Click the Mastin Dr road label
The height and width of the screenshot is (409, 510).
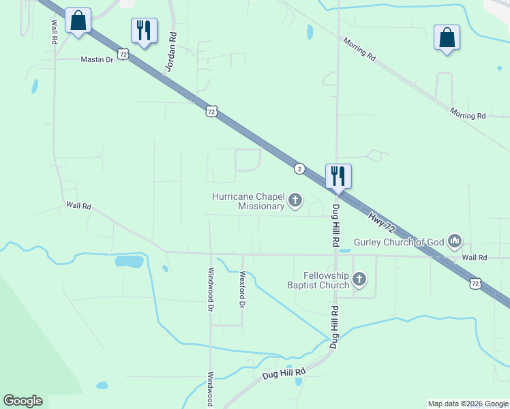click(x=97, y=60)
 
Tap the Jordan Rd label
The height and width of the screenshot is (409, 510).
click(x=171, y=52)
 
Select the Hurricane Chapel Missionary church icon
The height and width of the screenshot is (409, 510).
click(x=295, y=200)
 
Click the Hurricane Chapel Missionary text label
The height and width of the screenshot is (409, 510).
click(x=247, y=201)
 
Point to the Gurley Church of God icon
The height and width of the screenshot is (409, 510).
click(x=455, y=241)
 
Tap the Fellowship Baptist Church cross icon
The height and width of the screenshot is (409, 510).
click(x=359, y=279)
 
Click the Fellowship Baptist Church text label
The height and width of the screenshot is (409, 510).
click(x=318, y=280)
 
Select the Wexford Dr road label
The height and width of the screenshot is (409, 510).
click(x=241, y=290)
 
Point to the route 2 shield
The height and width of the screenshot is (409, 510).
click(x=299, y=168)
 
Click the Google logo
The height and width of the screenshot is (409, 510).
click(x=22, y=401)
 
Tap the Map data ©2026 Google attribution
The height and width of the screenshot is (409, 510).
click(x=468, y=404)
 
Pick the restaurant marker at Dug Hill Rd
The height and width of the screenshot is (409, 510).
click(x=338, y=176)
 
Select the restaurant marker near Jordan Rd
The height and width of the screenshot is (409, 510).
click(x=144, y=31)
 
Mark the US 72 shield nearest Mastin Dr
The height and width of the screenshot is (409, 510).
click(x=123, y=53)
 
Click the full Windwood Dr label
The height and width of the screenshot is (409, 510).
click(x=210, y=289)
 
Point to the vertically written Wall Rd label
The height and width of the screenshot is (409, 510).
click(x=54, y=31)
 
